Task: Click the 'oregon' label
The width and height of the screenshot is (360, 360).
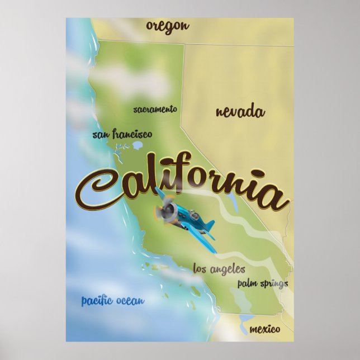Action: pyautogui.click(x=168, y=26)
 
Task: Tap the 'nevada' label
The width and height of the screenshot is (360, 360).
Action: pyautogui.click(x=240, y=111)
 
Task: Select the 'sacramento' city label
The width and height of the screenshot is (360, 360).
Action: pyautogui.click(x=155, y=109)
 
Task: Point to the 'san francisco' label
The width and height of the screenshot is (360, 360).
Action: pyautogui.click(x=122, y=134)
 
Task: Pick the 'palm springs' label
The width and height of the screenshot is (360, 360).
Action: pyautogui.click(x=262, y=283)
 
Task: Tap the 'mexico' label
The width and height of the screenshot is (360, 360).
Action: pyautogui.click(x=264, y=329)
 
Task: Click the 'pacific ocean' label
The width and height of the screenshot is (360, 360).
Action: pyautogui.click(x=112, y=301)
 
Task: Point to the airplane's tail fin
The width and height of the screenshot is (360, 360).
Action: pyautogui.click(x=209, y=226)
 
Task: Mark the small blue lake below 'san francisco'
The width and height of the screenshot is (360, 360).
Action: pyautogui.click(x=138, y=146)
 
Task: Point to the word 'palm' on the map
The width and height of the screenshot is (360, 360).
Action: pyautogui.click(x=246, y=283)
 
